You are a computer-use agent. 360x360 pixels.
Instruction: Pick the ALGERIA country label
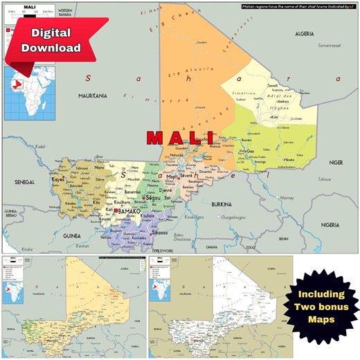305,33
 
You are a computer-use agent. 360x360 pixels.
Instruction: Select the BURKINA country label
222,205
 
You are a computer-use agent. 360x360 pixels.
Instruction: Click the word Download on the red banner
51,48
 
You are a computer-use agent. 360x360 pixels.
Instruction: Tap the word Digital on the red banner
51,33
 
